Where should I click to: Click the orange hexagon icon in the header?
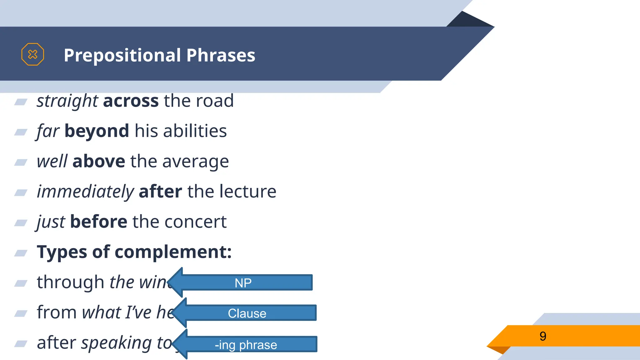(32, 54)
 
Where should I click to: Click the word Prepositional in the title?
(122, 56)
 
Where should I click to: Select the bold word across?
(131, 101)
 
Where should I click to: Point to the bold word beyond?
(97, 131)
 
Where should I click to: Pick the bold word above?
(99, 161)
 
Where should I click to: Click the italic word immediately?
(85, 192)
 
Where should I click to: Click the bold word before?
(99, 222)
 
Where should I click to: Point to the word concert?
(195, 222)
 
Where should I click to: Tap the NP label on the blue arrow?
(243, 283)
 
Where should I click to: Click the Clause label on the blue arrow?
(247, 313)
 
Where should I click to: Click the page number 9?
(543, 336)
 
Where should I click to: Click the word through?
(70, 282)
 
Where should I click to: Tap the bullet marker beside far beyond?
(21, 132)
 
